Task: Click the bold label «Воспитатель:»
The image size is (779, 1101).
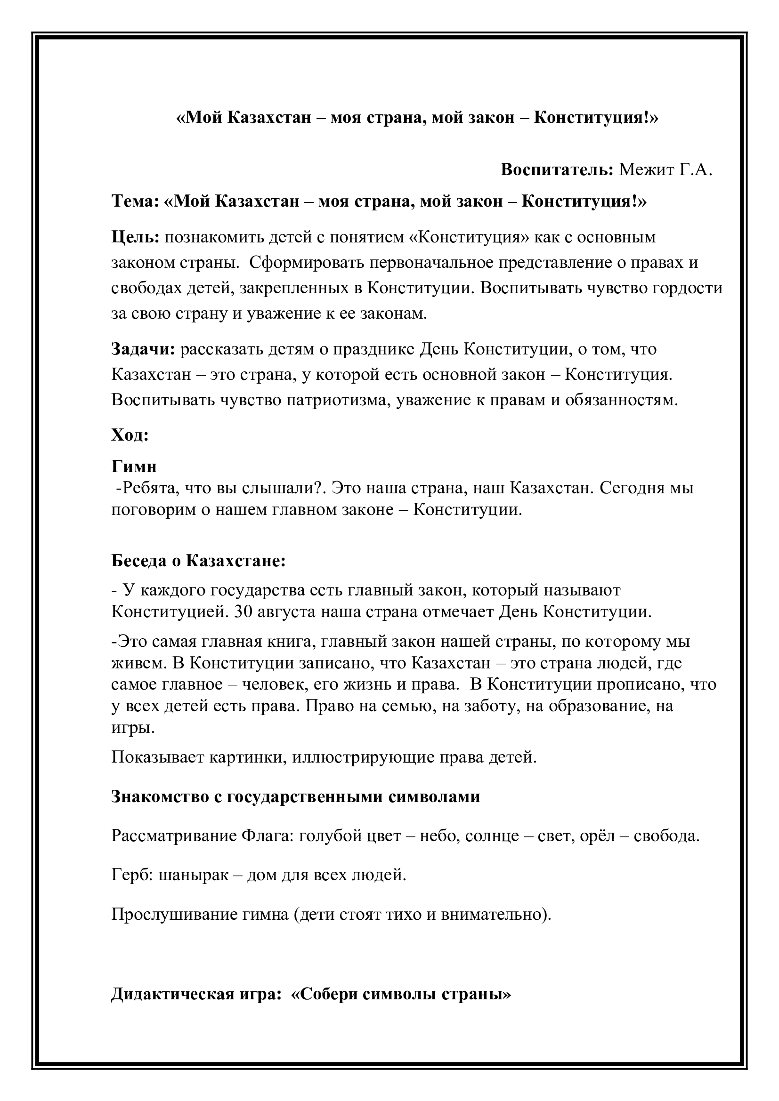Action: pyautogui.click(x=557, y=170)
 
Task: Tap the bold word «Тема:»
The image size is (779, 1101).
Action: pyautogui.click(x=135, y=201)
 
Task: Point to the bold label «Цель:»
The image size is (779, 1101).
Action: pyautogui.click(x=135, y=237)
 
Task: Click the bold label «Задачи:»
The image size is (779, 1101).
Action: pyautogui.click(x=144, y=349)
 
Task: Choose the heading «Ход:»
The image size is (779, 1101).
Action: pyautogui.click(x=130, y=435)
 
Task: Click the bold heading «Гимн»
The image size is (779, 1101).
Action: pyautogui.click(x=134, y=466)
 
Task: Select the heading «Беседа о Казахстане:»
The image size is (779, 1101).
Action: pyautogui.click(x=199, y=561)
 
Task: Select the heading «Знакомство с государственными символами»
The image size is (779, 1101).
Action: pyautogui.click(x=295, y=796)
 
